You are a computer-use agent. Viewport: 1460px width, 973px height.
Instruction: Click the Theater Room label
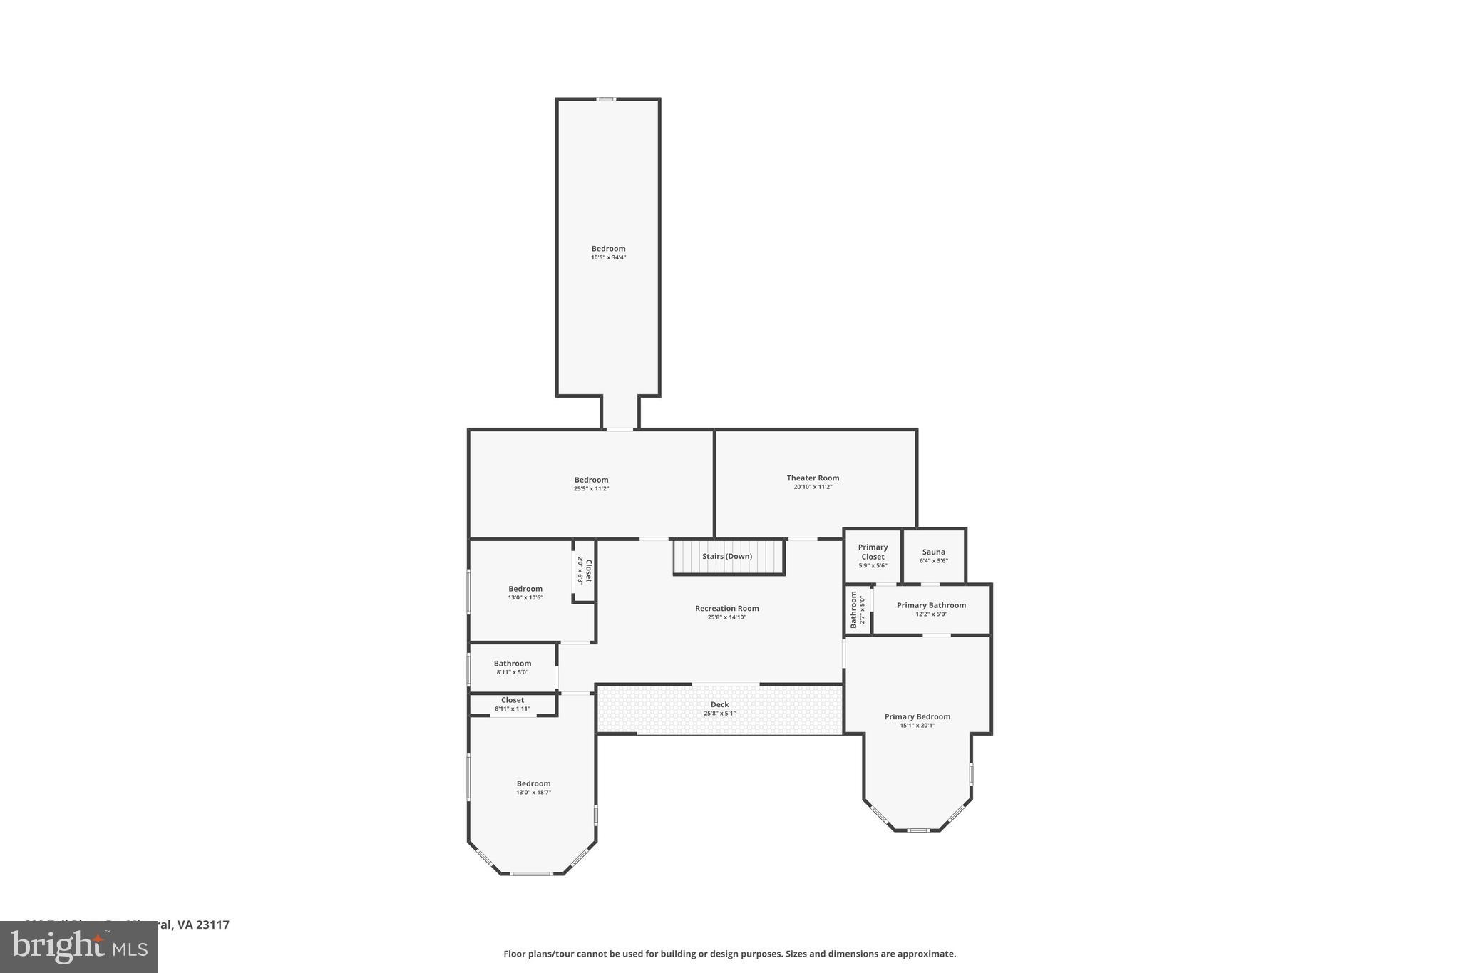813,478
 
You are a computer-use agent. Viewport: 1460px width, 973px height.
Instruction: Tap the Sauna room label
933,552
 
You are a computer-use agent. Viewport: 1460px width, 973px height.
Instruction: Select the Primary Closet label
873,552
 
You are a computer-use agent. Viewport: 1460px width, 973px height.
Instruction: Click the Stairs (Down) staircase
727,557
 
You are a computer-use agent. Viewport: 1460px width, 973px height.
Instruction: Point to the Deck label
719,704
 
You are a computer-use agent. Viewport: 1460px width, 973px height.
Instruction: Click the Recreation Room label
726,609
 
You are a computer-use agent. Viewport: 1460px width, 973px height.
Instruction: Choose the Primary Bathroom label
931,605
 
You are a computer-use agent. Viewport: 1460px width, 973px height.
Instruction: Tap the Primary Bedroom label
917,716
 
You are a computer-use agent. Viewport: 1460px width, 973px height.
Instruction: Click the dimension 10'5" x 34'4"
608,258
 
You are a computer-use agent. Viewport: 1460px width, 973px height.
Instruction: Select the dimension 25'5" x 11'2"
591,489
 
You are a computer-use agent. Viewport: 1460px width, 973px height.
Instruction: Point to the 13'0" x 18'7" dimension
533,793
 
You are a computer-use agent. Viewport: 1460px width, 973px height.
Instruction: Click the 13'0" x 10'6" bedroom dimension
525,598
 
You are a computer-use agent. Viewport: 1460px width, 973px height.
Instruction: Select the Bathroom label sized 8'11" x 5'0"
512,664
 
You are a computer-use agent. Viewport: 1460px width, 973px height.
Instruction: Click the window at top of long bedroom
606,99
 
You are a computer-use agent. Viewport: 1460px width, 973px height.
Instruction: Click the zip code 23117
212,925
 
